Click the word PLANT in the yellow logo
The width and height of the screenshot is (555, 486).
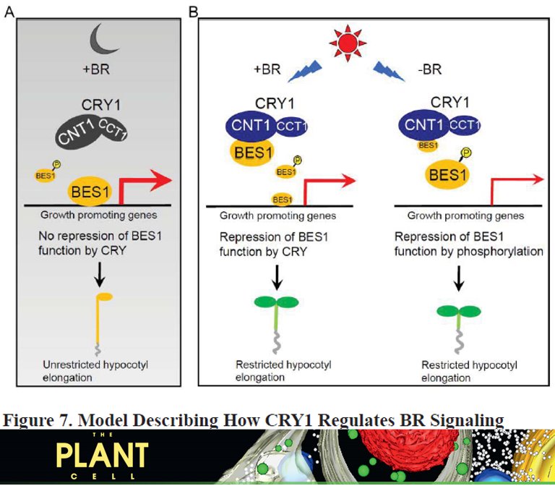(x=103, y=456)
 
